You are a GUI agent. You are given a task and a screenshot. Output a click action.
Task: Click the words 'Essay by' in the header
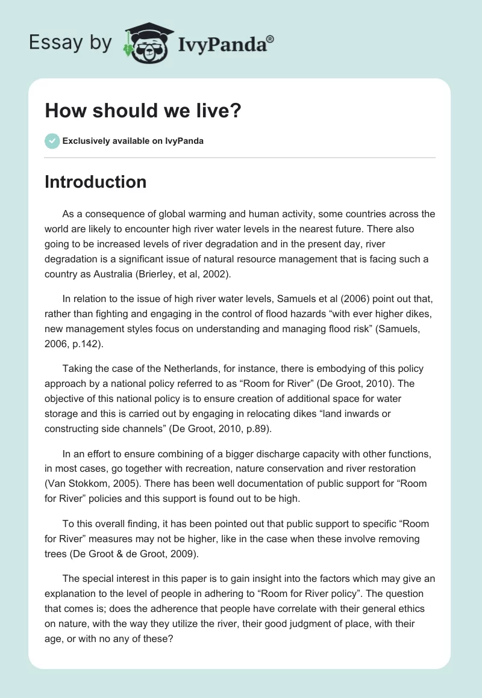pos(70,43)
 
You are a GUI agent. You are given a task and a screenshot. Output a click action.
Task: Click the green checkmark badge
pos(52,141)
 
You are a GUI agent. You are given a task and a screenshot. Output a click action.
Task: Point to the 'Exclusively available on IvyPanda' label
pos(133,141)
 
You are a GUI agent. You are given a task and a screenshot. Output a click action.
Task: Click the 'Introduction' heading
pos(95,182)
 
